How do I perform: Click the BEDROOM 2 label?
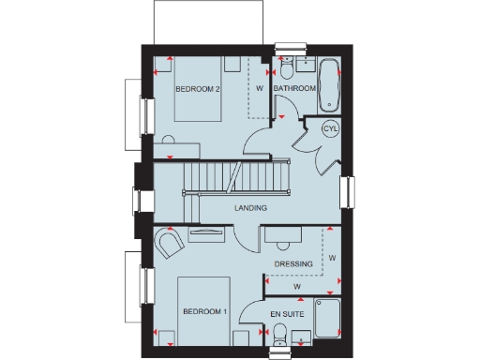pyautogui.click(x=198, y=90)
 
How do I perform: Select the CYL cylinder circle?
pyautogui.click(x=330, y=129)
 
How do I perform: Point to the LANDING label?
pyautogui.click(x=250, y=208)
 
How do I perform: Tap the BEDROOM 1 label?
pyautogui.click(x=205, y=311)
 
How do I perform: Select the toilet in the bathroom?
pyautogui.click(x=285, y=67)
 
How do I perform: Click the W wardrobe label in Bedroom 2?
pyautogui.click(x=259, y=88)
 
